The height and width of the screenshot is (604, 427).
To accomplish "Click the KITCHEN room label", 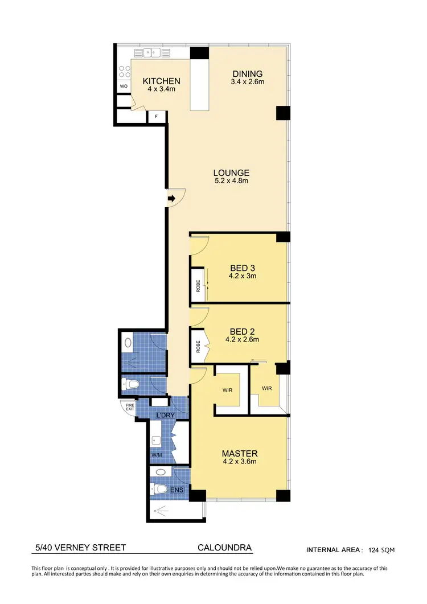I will tap(161, 81).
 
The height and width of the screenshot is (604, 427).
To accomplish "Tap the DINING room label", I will tap(247, 74).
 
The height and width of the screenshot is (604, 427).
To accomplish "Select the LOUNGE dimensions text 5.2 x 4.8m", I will tap(231, 181).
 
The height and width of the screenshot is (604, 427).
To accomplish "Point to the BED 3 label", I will tap(243, 268).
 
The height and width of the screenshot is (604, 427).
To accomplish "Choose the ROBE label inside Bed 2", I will tap(198, 346).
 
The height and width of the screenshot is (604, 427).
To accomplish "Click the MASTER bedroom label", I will tap(240, 454).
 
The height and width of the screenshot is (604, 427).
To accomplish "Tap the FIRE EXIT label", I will tap(130, 406).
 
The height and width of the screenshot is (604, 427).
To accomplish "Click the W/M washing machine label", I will tap(156, 455).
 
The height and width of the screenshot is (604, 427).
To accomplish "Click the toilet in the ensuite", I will tap(159, 488).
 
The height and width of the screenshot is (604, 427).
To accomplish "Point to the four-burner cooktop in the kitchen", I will tap(124, 70).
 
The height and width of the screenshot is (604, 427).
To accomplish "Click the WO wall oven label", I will tap(124, 87).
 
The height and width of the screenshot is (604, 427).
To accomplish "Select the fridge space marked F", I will tap(157, 117).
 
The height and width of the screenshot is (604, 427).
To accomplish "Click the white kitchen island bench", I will tap(199, 85).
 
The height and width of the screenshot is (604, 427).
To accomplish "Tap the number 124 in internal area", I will tap(374, 550).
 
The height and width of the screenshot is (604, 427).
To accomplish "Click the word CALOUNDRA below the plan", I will tap(224, 548).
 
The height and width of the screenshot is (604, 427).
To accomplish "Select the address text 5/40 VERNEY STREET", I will tap(80, 548).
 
